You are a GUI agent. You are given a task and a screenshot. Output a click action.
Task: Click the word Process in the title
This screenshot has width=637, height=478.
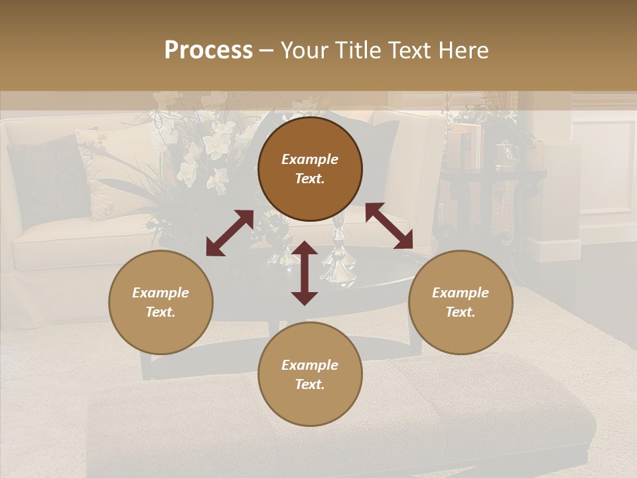pos(208,50)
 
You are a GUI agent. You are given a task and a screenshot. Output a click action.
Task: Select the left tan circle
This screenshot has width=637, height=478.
pos(161,302)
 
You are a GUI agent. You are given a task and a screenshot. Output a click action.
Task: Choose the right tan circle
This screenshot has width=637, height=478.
pos(460,302)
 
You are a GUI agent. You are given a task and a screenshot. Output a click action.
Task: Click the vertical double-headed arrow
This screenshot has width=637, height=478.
pos(305,273)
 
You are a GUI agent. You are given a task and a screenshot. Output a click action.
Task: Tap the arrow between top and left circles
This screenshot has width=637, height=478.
pos(230,232)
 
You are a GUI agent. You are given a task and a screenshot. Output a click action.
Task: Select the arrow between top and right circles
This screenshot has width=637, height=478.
pos(389,226)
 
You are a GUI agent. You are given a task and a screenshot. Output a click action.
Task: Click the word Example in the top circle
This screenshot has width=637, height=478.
pos(310,159)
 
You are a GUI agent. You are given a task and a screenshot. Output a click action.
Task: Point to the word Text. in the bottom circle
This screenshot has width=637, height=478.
pos(310,384)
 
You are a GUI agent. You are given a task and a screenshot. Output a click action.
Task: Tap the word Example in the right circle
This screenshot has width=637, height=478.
pos(460,293)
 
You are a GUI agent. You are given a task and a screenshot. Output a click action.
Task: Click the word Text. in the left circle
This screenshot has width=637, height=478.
pos(161,312)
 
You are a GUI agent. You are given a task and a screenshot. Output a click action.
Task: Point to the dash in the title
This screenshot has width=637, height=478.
pos(266,50)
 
